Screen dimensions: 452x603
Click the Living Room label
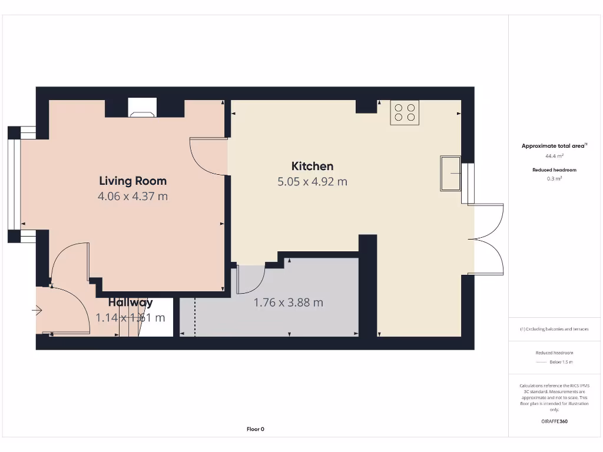pos(132,181)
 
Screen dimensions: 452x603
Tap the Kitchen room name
pos(312,166)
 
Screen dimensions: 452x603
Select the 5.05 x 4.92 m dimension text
pos(312,182)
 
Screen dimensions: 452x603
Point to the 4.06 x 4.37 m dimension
pos(132,196)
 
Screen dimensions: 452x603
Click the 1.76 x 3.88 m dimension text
pos(288,303)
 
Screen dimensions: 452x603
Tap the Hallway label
pos(130,303)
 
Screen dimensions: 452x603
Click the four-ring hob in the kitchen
pos(405,112)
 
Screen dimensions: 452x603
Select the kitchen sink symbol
pos(450,174)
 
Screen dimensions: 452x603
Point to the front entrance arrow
pos(38,310)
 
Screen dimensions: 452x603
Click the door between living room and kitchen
pos(207,156)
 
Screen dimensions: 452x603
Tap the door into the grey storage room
pos(250,279)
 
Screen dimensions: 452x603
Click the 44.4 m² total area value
pos(554,156)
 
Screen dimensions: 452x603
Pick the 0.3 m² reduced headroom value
pos(554,178)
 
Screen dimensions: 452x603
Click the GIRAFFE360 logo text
pos(554,421)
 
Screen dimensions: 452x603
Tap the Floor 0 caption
pos(255,429)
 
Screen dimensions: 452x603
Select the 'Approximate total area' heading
pos(554,146)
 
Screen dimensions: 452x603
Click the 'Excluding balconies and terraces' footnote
pos(554,329)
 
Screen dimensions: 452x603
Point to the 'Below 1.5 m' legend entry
pos(561,362)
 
